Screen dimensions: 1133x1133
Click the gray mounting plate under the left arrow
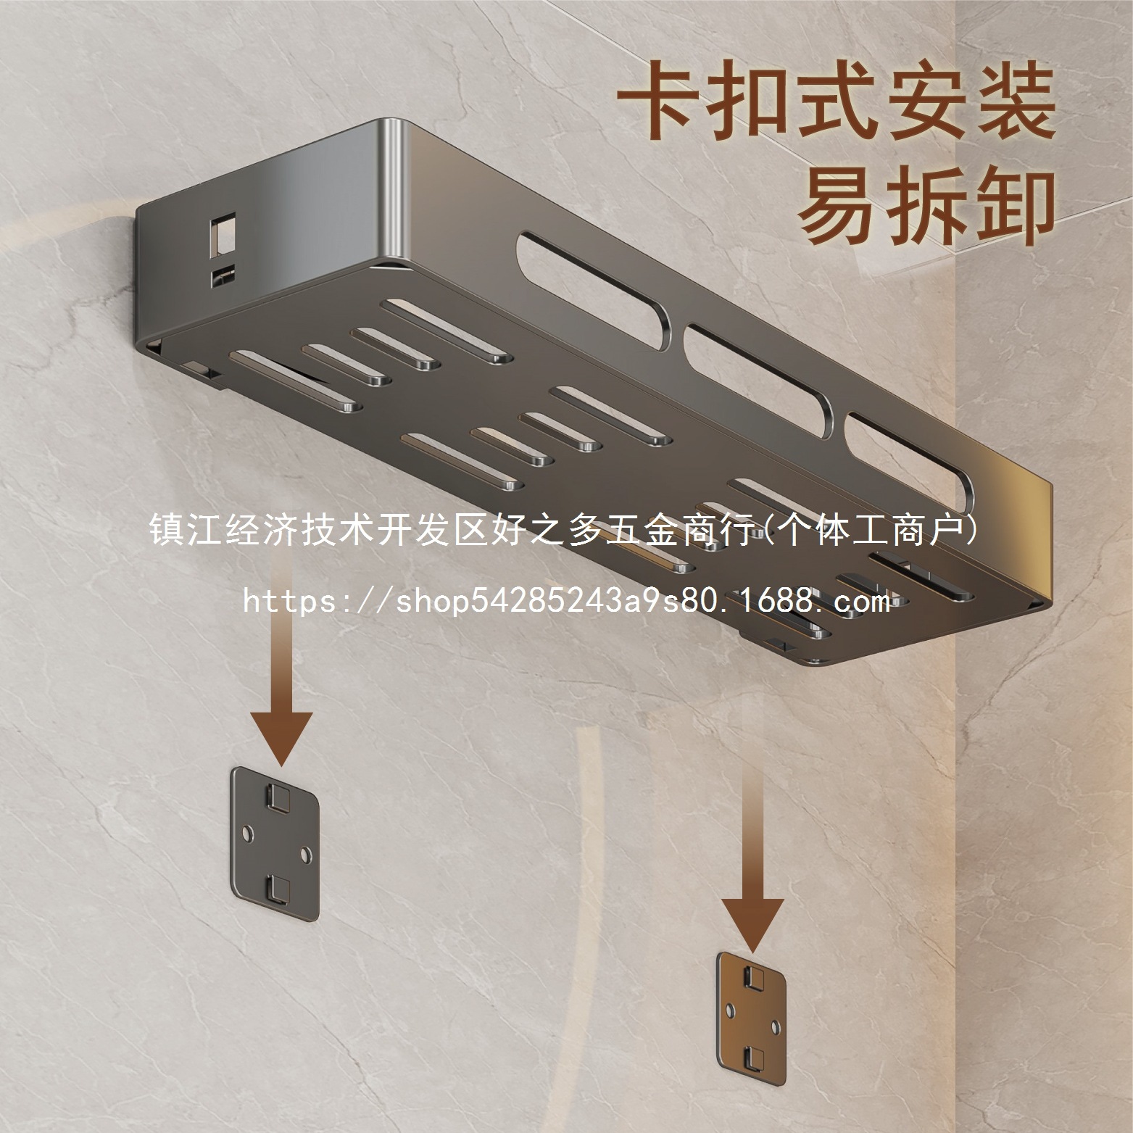coord(274,839)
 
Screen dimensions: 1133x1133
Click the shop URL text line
coord(566,601)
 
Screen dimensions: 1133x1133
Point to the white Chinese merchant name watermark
coord(566,531)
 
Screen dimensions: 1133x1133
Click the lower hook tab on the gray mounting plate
coord(276,887)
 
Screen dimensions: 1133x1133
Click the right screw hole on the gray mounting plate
coord(305,853)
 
